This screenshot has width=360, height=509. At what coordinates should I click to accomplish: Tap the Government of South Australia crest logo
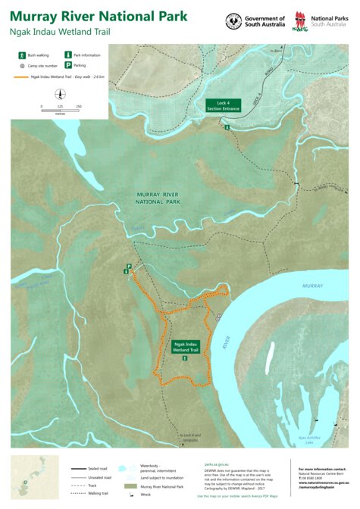click(233, 20)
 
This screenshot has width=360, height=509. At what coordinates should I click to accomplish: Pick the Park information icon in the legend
click(67, 55)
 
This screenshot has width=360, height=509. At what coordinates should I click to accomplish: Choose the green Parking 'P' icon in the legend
click(67, 66)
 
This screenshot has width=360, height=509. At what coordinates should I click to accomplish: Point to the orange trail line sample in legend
click(20, 77)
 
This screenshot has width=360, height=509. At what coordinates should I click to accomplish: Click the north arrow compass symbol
click(60, 94)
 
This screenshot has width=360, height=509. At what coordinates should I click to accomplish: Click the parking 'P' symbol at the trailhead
click(129, 266)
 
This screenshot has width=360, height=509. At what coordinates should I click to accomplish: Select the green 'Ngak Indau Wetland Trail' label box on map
click(185, 346)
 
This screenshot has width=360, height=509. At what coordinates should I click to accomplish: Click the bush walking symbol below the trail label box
click(185, 358)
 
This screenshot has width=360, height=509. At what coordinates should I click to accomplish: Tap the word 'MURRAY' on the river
click(312, 286)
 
